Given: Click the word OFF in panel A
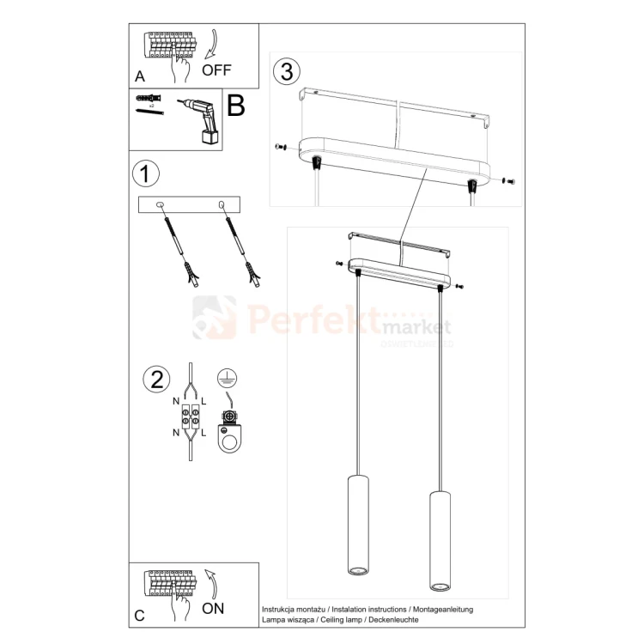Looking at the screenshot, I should click(216, 70).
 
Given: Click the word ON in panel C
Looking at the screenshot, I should click(214, 608).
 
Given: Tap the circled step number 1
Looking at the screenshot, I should click(146, 174).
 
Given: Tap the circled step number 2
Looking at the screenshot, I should click(156, 379).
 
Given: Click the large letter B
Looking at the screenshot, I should click(236, 106).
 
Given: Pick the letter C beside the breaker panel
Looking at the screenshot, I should click(140, 616).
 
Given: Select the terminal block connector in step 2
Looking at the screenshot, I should click(190, 418).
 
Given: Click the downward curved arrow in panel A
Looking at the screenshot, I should click(212, 44).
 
